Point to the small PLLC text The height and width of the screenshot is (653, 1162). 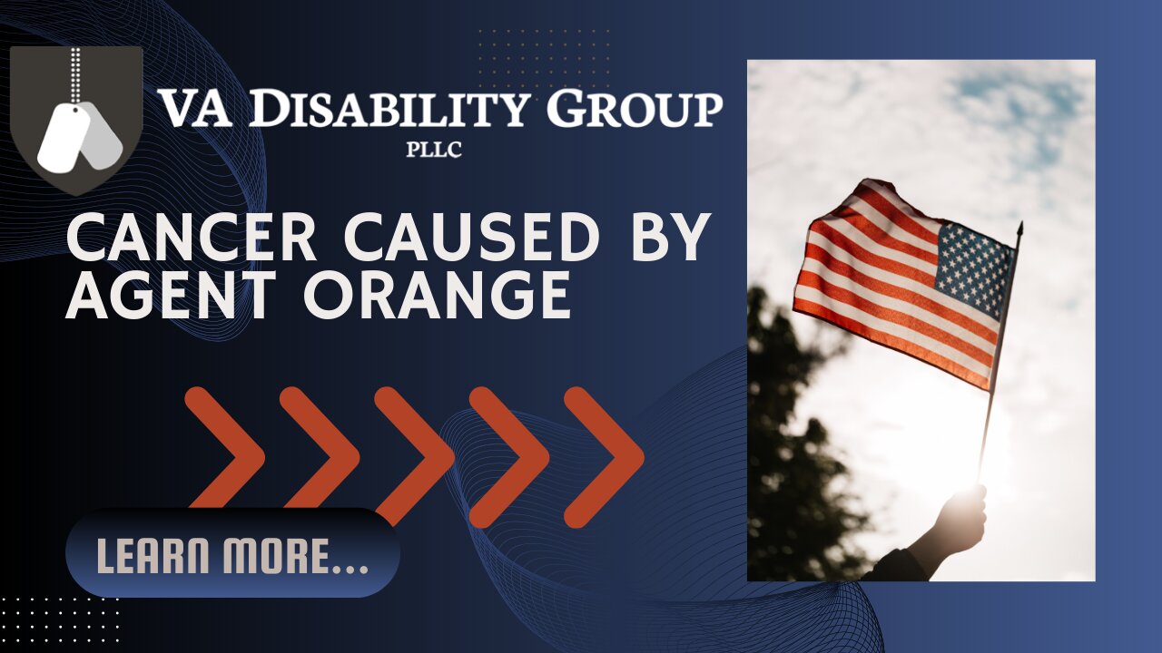pyautogui.click(x=434, y=151)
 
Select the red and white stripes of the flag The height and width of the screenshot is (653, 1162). pyautogui.click(x=871, y=290)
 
